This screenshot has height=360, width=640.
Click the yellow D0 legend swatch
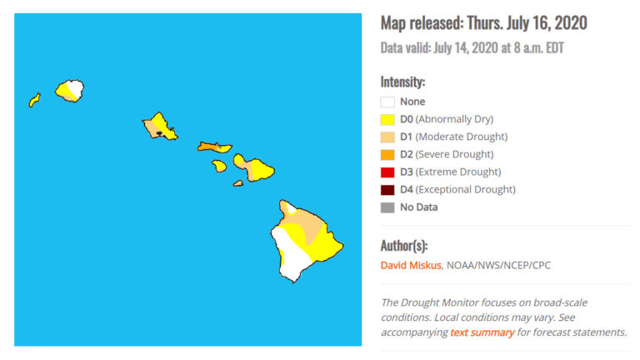(387, 119)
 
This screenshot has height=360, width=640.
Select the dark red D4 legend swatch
(387, 189)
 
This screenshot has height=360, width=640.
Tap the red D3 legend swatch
(387, 172)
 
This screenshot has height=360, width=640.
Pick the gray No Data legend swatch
(387, 207)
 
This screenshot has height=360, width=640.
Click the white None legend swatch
(387, 102)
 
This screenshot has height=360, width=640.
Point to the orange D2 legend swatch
(387, 154)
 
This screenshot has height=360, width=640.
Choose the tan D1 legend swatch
(387, 137)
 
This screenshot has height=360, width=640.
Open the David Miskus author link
(411, 266)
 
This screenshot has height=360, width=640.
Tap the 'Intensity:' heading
(402, 82)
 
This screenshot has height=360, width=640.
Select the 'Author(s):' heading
(404, 246)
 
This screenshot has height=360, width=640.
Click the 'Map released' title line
(483, 22)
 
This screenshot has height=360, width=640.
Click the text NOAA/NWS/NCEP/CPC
(499, 266)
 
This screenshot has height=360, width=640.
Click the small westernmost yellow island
(34, 100)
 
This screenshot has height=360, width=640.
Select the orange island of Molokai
(214, 147)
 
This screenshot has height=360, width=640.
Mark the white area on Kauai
(76, 88)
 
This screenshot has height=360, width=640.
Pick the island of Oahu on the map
(159, 127)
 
